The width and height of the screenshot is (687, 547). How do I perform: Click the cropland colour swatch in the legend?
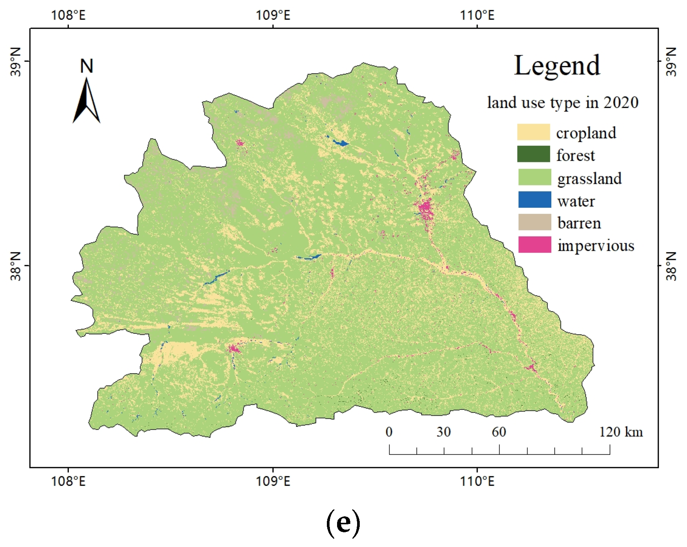pos(533,132)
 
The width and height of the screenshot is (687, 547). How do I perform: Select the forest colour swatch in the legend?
pos(533,154)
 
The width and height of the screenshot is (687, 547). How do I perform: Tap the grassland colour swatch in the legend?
pos(534,177)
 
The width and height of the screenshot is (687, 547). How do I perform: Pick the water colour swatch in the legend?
pos(534,200)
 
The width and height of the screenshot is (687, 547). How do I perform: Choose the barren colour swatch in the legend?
pos(534,222)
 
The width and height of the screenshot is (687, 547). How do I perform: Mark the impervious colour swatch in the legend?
pos(534,245)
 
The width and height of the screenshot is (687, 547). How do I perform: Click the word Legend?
pos(557,66)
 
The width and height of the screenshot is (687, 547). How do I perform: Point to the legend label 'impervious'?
pos(596,246)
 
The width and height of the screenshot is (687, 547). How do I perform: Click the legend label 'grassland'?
pos(589,179)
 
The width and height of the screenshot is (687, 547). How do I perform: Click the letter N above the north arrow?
pos(87,66)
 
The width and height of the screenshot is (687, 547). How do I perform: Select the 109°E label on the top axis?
pos(273,16)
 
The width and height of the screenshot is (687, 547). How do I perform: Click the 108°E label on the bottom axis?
pos(68,481)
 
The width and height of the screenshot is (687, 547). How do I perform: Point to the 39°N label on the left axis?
pos(16,62)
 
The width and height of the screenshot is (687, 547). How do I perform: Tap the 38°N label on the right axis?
pos(671,266)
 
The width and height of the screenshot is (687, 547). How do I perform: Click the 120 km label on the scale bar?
pos(621,432)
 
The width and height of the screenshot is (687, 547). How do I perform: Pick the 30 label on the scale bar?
pos(444,432)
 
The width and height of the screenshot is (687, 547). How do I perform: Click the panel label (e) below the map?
pos(343,523)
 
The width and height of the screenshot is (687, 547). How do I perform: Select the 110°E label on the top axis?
pos(477,16)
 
